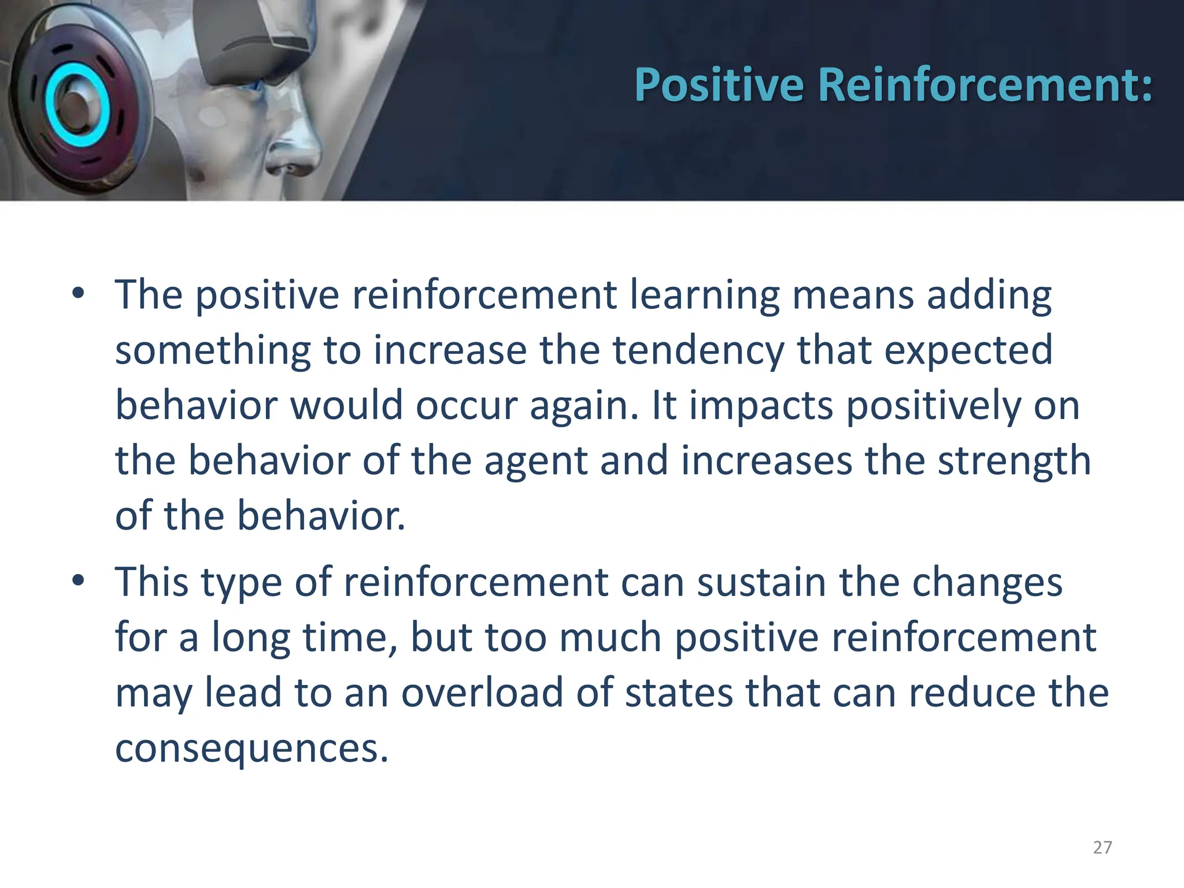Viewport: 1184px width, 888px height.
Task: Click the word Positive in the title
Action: [x=719, y=85]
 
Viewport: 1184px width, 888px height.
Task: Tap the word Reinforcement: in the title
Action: [x=986, y=85]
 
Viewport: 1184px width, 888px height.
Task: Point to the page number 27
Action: [x=1102, y=848]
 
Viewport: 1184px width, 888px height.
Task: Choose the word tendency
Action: [x=698, y=350]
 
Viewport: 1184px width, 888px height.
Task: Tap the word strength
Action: [x=1014, y=462]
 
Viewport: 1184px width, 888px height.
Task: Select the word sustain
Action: [x=761, y=582]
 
